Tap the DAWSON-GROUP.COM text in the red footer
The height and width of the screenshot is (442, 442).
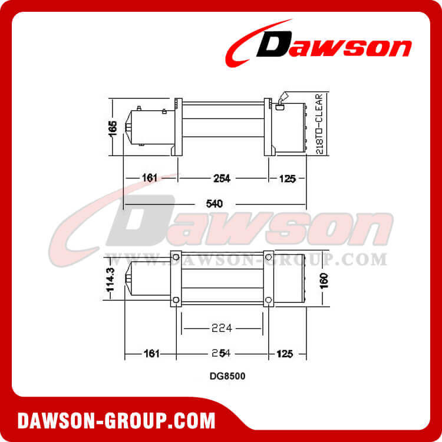tap(116, 421)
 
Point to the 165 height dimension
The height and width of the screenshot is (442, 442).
tap(114, 127)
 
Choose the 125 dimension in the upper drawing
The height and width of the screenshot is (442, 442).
tap(287, 177)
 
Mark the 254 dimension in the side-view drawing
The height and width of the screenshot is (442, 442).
tap(222, 177)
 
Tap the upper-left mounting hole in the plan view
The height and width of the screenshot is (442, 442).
tap(175, 256)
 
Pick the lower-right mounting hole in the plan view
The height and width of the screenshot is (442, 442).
tap(268, 301)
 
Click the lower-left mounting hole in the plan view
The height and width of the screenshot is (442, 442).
tap(175, 301)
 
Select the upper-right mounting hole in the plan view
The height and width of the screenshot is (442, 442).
tap(268, 256)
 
